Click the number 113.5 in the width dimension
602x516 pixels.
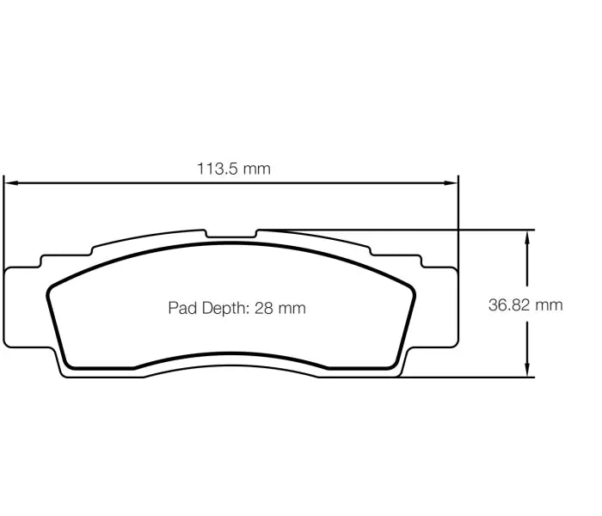(218, 169)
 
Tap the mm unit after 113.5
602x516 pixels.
(256, 169)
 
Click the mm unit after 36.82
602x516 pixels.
(549, 305)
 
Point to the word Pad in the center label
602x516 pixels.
(181, 308)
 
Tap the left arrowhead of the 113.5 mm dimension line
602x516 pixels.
(11, 182)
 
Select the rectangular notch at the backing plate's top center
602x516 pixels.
(231, 234)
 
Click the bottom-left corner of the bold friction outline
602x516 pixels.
(68, 366)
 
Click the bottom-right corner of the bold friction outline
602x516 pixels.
(395, 366)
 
